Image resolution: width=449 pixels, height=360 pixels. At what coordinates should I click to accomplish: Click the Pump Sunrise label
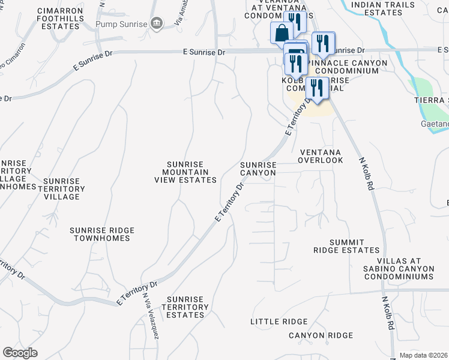(x=121, y=24)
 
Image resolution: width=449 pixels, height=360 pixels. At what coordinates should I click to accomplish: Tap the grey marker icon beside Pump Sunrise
(x=157, y=23)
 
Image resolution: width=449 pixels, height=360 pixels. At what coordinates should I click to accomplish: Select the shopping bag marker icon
(x=282, y=34)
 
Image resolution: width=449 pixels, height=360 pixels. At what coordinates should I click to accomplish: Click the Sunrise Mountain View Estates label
(x=185, y=172)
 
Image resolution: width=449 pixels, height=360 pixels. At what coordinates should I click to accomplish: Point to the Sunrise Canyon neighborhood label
(x=258, y=169)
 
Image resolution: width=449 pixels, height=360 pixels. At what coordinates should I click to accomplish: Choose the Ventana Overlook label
(x=321, y=157)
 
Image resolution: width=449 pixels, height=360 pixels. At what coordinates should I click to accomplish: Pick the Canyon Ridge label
(x=321, y=335)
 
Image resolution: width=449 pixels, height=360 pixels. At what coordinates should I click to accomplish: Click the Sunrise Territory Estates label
(x=187, y=307)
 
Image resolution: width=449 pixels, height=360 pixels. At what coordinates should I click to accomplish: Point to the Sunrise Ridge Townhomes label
(x=102, y=234)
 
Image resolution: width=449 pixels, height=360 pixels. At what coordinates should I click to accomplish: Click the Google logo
(x=20, y=353)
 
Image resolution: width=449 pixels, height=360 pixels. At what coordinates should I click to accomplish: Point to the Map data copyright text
(x=423, y=355)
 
